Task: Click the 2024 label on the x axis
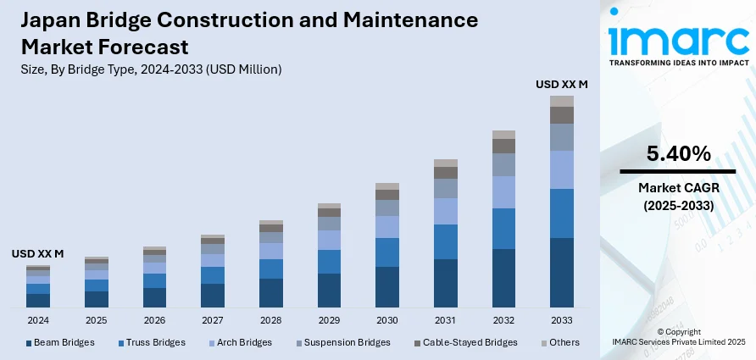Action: click(38, 321)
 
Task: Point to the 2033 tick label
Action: click(562, 321)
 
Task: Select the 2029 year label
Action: click(329, 321)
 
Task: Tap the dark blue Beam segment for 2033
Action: click(562, 273)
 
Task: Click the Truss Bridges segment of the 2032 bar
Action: click(503, 229)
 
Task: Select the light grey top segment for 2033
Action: click(562, 101)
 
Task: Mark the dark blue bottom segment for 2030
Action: click(387, 287)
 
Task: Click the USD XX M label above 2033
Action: click(562, 84)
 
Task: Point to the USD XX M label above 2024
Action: click(37, 253)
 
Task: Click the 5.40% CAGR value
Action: click(678, 153)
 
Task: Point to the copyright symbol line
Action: click(678, 331)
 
